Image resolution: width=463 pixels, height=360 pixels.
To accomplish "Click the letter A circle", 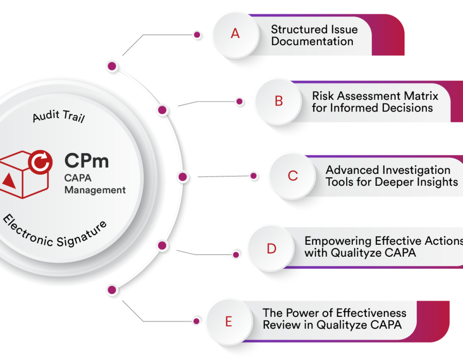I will pyautogui.click(x=235, y=34).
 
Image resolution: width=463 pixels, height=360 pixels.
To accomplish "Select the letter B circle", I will pyautogui.click(x=279, y=101).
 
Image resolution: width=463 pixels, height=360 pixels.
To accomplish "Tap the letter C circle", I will pyautogui.click(x=293, y=176).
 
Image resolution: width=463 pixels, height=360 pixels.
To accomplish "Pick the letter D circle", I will pyautogui.click(x=271, y=249).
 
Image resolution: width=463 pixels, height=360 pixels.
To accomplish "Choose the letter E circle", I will pyautogui.click(x=228, y=322).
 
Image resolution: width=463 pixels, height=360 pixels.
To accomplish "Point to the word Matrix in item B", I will pyautogui.click(x=420, y=96).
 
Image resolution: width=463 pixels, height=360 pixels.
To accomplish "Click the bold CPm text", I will pyautogui.click(x=86, y=160).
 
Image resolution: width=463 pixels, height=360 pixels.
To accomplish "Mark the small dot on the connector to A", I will pyautogui.click(x=197, y=35).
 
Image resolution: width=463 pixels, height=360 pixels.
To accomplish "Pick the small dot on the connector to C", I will pyautogui.click(x=254, y=176).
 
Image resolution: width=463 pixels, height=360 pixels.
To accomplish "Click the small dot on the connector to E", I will pyautogui.click(x=197, y=321).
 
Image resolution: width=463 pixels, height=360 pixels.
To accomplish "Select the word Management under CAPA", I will pyautogui.click(x=95, y=190).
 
